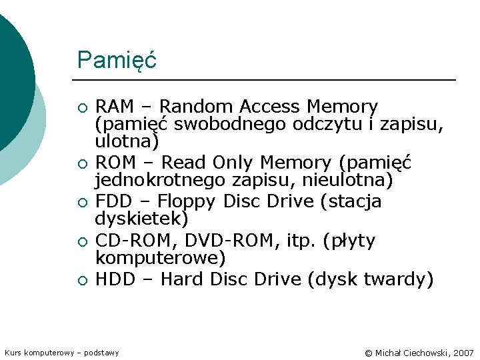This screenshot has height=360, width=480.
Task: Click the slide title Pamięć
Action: (x=117, y=60)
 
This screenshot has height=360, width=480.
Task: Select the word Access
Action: (x=270, y=107)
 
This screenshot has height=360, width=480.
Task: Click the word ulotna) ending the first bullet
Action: (x=127, y=141)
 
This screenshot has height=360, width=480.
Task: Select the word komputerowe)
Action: (x=161, y=257)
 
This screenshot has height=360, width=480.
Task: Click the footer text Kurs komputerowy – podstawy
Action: (x=61, y=352)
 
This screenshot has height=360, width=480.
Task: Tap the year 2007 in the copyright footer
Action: (x=463, y=352)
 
